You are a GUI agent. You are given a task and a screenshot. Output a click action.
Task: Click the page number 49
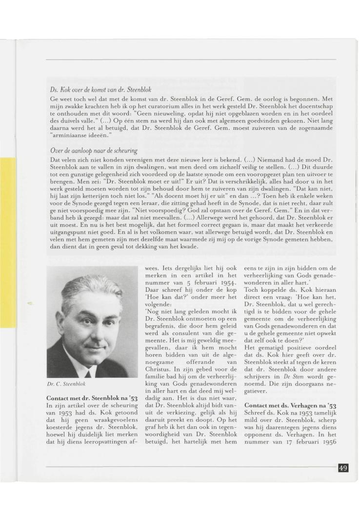343,468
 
